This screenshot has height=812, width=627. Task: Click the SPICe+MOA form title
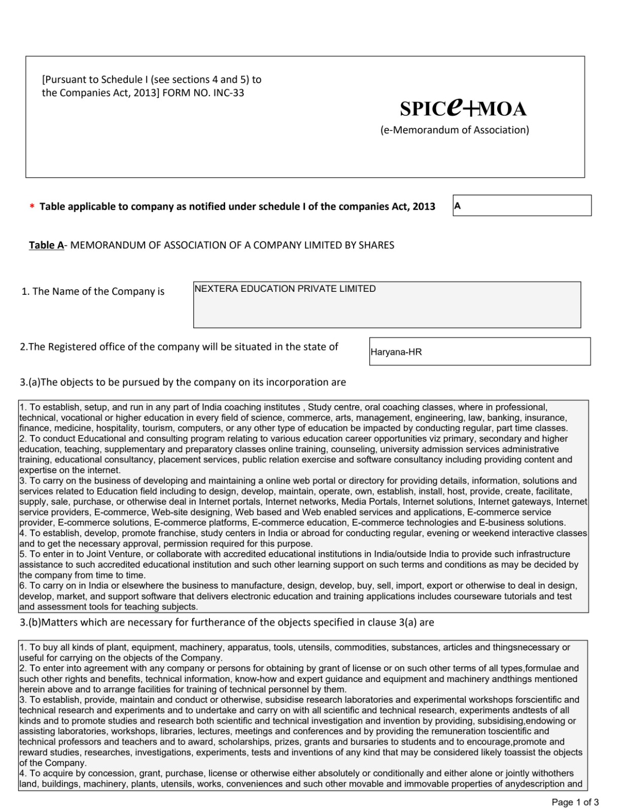coord(463,108)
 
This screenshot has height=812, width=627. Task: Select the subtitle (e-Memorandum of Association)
coord(455,130)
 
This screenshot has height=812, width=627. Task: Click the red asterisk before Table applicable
coord(32,207)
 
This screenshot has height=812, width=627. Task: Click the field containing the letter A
coord(521,206)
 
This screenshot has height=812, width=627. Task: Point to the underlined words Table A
coord(46,245)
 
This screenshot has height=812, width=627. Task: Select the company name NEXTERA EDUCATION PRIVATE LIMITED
coord(285,289)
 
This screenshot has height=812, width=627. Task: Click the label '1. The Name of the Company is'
coord(93,291)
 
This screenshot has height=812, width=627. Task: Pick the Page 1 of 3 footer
coord(575,802)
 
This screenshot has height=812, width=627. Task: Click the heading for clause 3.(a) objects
coord(183,382)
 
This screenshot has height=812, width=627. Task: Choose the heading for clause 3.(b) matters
coord(227,622)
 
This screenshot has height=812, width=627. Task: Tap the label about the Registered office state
coord(179,347)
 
